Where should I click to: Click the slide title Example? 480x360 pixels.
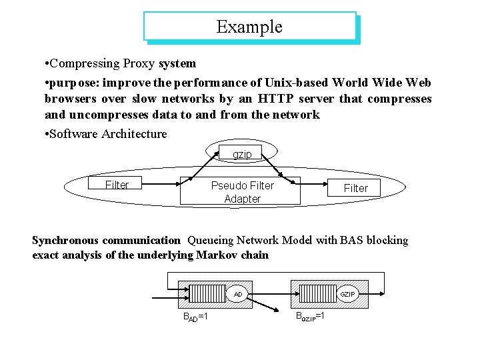(x=249, y=27)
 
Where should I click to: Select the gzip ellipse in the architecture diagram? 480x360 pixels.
(x=242, y=155)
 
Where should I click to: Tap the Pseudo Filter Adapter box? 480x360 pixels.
(x=242, y=192)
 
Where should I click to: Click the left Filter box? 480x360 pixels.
(x=117, y=185)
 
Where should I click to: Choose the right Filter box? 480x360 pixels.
(x=355, y=188)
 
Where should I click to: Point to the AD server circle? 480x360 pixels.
(x=238, y=293)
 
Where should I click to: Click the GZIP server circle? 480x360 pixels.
(x=347, y=293)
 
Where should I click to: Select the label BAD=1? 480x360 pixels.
(x=195, y=315)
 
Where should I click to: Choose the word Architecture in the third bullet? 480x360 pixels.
(x=135, y=134)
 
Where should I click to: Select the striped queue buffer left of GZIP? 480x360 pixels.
(x=316, y=293)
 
